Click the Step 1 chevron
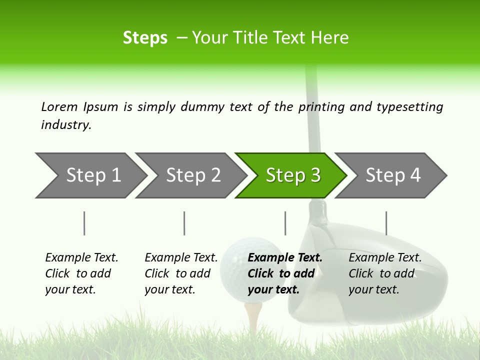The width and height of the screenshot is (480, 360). click(90, 175)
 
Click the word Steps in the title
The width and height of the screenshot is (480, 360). click(145, 38)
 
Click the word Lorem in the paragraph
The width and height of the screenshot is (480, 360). click(59, 107)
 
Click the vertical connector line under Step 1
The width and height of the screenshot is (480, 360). click(84, 223)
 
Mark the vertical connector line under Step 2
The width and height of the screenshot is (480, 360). click(184, 223)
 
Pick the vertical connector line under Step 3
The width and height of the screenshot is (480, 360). click(285, 223)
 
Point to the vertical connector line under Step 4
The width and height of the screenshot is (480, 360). click(386, 223)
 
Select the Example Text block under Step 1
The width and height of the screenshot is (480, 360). click(81, 273)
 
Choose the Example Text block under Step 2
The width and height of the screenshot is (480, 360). click(180, 273)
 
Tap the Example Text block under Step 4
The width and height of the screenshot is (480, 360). click(384, 273)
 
